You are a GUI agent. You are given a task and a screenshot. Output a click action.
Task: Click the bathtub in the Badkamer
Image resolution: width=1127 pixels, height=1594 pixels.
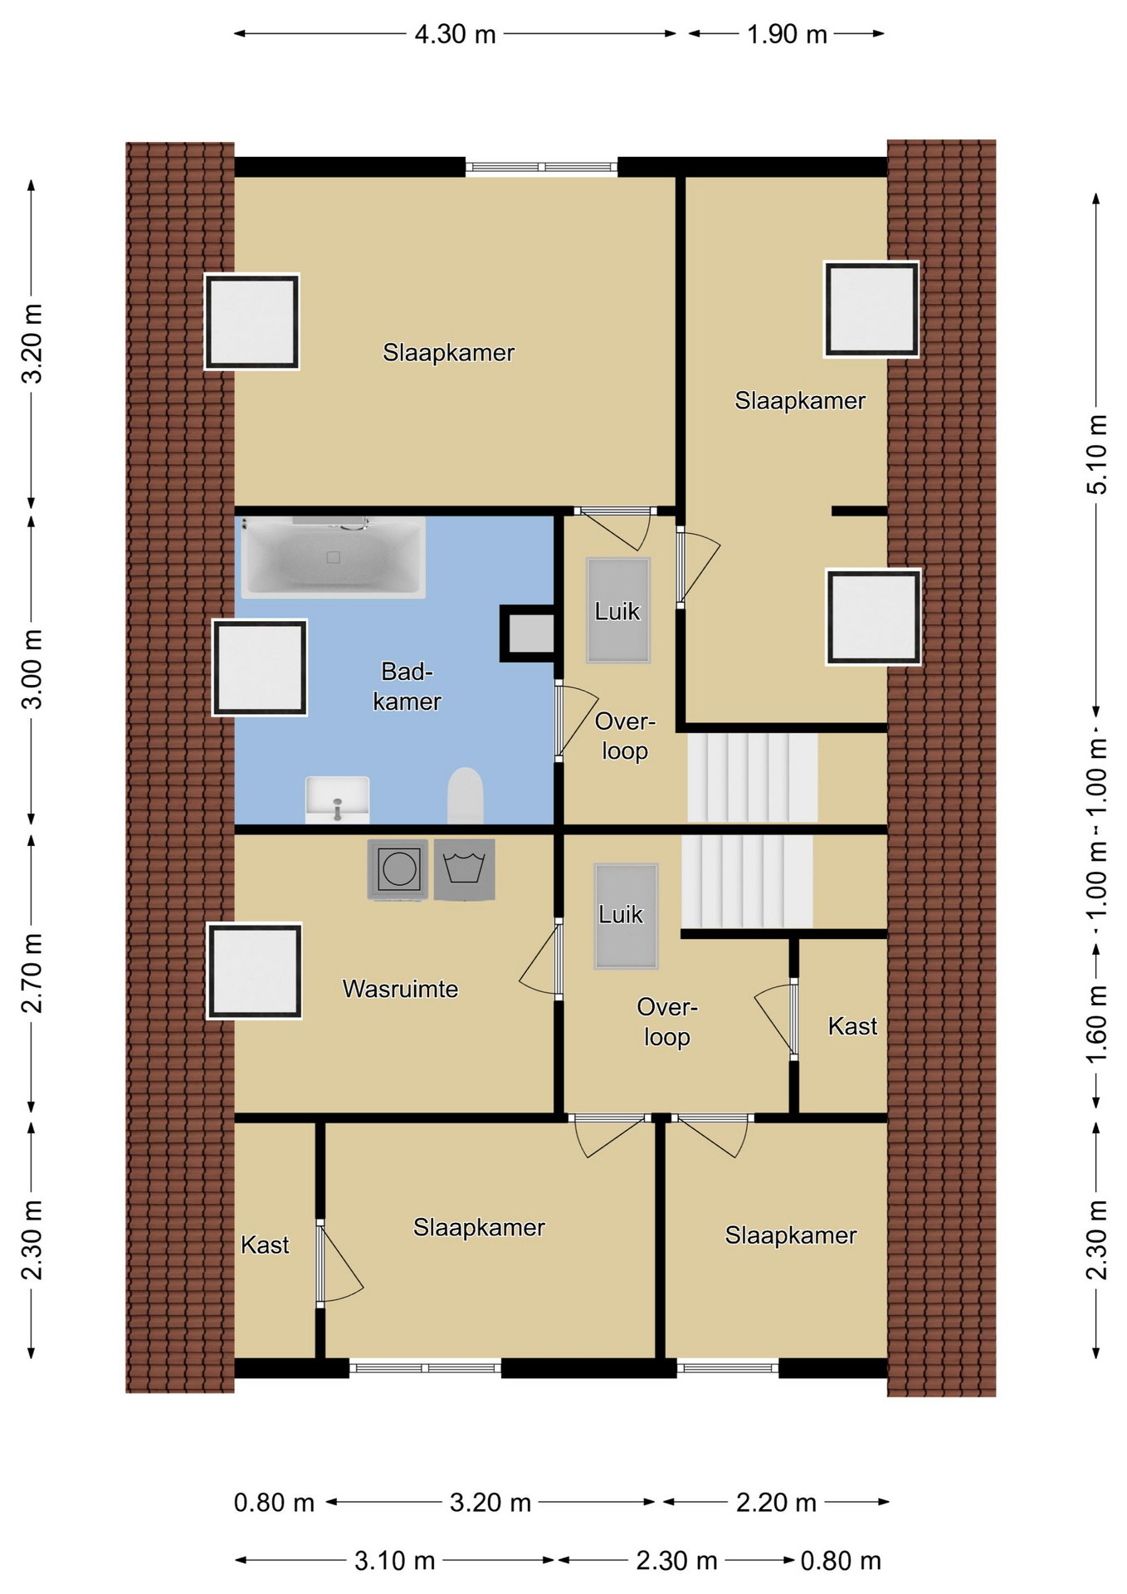pyautogui.click(x=333, y=557)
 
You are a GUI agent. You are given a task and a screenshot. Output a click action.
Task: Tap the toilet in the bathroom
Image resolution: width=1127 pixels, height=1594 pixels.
pyautogui.click(x=466, y=795)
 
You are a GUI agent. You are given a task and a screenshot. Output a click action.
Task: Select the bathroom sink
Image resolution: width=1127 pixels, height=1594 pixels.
pyautogui.click(x=337, y=799)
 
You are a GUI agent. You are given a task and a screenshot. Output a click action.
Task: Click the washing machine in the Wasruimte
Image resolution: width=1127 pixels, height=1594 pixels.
pyautogui.click(x=398, y=869)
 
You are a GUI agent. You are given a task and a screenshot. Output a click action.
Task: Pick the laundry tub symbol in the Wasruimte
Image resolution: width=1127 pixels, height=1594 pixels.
pyautogui.click(x=465, y=869)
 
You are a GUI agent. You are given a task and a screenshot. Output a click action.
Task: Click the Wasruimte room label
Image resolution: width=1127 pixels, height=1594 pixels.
pyautogui.click(x=400, y=989)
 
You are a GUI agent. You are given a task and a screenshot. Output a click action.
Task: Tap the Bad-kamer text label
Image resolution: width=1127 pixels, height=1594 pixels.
pyautogui.click(x=407, y=686)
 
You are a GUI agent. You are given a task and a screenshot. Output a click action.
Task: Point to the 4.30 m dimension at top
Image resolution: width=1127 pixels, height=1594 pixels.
pyautogui.click(x=455, y=34)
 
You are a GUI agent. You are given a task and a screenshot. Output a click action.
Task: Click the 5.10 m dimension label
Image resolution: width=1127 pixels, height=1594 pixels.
pyautogui.click(x=1096, y=454)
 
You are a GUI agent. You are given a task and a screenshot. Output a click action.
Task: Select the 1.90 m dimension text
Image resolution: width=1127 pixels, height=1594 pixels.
pyautogui.click(x=787, y=34)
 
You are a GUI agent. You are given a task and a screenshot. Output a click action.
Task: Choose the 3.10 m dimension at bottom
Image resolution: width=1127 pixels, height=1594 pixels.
pyautogui.click(x=394, y=1561)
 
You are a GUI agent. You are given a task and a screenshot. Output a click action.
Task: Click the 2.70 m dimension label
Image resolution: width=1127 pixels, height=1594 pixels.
pyautogui.click(x=32, y=973)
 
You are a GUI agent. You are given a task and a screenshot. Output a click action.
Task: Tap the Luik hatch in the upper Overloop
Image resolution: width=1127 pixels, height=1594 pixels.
pyautogui.click(x=618, y=610)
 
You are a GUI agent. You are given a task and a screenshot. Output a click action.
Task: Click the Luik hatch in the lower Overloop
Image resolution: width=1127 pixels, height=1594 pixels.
pyautogui.click(x=626, y=916)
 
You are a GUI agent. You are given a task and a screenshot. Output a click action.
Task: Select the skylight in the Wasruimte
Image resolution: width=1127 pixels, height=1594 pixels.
pyautogui.click(x=254, y=971)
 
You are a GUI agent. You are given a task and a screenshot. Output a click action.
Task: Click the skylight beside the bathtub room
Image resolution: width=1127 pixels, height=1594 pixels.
pyautogui.click(x=260, y=667)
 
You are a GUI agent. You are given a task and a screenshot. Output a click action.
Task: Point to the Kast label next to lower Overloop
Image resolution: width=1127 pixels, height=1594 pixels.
pyautogui.click(x=852, y=1026)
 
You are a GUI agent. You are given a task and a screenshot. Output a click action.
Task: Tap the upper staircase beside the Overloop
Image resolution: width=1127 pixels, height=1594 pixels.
pyautogui.click(x=752, y=777)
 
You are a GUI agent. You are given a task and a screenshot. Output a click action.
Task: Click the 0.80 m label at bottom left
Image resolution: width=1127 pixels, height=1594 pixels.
pyautogui.click(x=274, y=1503)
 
